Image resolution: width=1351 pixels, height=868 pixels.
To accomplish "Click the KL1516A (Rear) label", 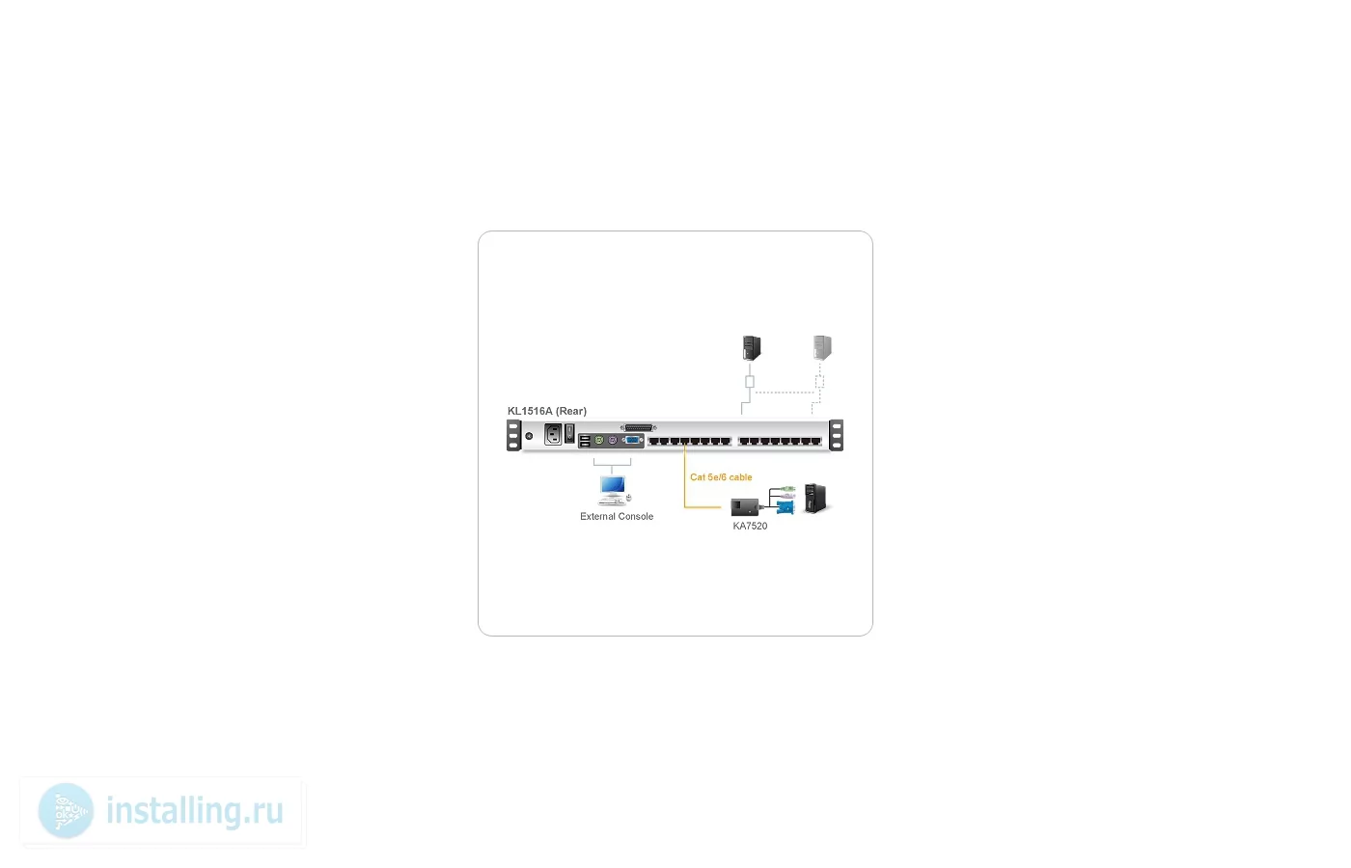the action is click(x=546, y=411).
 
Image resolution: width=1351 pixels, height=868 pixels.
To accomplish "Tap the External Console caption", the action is click(x=617, y=517).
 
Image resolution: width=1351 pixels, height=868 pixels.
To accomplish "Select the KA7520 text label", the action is click(x=750, y=527).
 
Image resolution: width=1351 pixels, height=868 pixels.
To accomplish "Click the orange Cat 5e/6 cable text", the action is click(x=721, y=477).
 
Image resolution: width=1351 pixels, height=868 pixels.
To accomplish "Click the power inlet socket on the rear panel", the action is click(x=552, y=434).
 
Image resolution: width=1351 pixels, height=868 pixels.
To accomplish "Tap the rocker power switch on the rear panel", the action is click(x=569, y=433).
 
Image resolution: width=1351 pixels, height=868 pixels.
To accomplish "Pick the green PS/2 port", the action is click(x=599, y=441).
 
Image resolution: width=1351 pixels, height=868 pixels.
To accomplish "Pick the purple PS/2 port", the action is click(x=612, y=441).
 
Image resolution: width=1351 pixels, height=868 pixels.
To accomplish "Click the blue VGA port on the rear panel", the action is click(x=632, y=441).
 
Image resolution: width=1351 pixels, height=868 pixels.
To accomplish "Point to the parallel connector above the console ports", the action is click(x=638, y=428).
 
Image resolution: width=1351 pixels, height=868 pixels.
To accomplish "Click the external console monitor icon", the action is click(x=613, y=486).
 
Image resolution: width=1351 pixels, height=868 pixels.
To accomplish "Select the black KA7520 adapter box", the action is click(x=745, y=507).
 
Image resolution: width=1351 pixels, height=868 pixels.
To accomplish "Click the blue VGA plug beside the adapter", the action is click(x=786, y=507).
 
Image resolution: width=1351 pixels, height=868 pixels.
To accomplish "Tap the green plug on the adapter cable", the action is click(x=787, y=488).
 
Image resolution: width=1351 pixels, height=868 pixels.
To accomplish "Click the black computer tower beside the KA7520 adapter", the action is click(x=815, y=499).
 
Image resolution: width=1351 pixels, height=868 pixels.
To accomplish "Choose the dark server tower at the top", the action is click(x=752, y=348).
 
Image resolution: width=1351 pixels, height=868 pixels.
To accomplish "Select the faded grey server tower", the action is click(x=822, y=348).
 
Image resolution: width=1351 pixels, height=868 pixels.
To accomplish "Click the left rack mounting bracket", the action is click(x=513, y=435).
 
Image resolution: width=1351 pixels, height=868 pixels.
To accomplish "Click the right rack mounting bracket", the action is click(x=836, y=435).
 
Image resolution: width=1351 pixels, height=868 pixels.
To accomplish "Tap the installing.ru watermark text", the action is click(x=195, y=811).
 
